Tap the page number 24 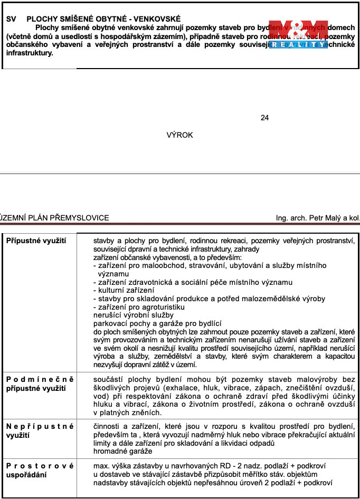(x=264, y=118)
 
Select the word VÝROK (x=179, y=135)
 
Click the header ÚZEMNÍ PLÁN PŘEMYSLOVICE (x=54, y=218)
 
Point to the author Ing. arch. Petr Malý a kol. (x=317, y=218)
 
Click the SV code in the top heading (x=11, y=18)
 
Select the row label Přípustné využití (x=36, y=241)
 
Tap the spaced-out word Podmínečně (x=40, y=380)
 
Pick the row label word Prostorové (x=40, y=466)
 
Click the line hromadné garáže (x=122, y=452)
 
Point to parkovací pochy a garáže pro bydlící (x=157, y=323)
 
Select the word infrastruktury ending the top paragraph (x=30, y=53)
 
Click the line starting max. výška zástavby (x=210, y=466)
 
